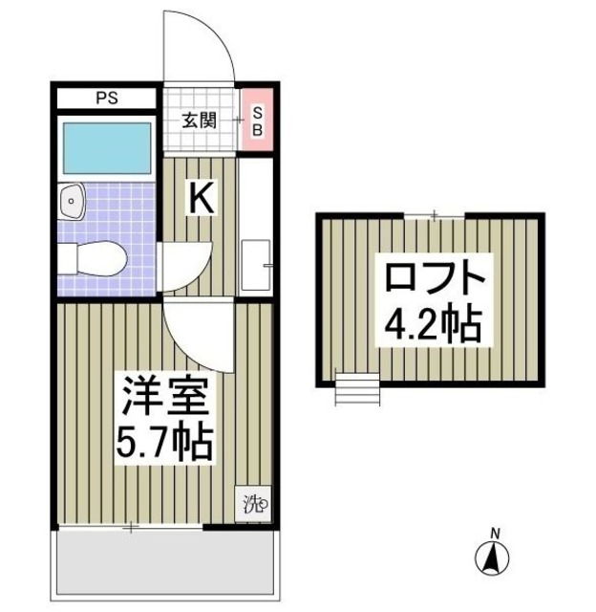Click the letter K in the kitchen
tap(199, 199)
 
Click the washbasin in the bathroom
tap(73, 201)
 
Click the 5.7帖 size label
tap(163, 442)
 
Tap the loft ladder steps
tap(357, 389)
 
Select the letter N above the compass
tap(494, 532)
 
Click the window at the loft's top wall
tap(435, 216)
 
